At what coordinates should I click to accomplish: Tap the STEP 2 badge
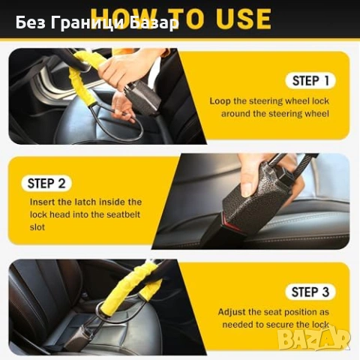[x=51, y=183]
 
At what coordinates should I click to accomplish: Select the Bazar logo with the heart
[x=314, y=339]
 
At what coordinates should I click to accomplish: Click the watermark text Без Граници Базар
[x=97, y=23]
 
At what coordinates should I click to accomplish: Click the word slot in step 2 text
[x=37, y=226]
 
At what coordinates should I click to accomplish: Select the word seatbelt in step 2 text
[x=122, y=214]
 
